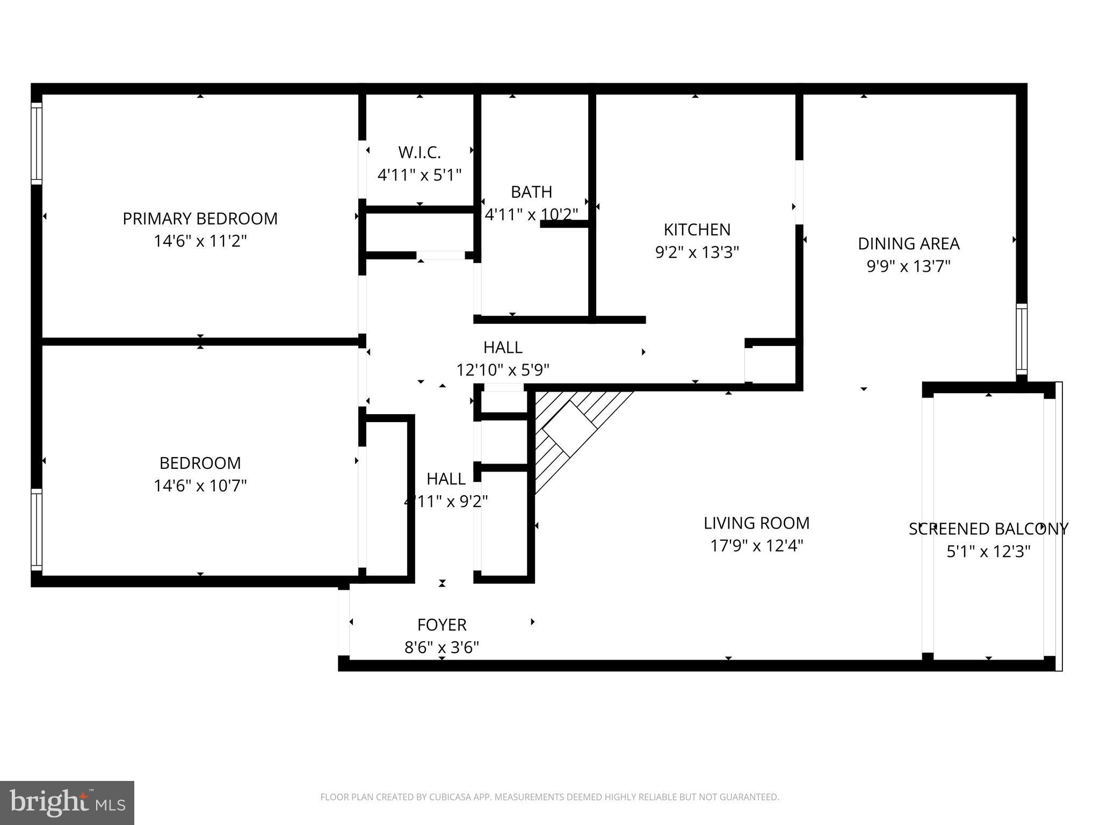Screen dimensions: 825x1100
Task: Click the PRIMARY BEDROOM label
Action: coord(200,219)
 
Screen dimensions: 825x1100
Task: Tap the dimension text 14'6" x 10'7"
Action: coord(200,486)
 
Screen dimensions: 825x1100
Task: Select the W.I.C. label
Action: coord(419,153)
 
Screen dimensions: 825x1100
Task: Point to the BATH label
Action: coord(531,192)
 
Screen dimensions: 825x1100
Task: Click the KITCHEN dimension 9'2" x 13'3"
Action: coord(697,252)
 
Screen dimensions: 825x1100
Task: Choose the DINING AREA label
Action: coord(908,244)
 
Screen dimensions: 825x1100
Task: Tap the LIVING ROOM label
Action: coord(756,523)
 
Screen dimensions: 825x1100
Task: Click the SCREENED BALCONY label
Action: coord(988,529)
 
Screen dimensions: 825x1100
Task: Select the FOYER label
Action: coord(442,625)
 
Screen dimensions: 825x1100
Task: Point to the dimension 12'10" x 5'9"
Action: coord(503,370)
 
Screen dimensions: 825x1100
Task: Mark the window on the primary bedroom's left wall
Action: coord(37,143)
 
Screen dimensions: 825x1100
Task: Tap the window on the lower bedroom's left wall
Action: coord(37,530)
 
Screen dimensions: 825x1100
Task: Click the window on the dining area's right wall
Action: coord(1021,339)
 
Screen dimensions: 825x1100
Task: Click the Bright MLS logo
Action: coord(67,803)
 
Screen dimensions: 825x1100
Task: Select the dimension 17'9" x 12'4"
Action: coord(756,546)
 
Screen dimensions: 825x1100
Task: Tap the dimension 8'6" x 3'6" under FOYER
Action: coord(442,648)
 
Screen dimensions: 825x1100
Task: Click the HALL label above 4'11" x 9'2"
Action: coord(446,479)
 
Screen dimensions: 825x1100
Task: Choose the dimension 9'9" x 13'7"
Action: coord(908,266)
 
